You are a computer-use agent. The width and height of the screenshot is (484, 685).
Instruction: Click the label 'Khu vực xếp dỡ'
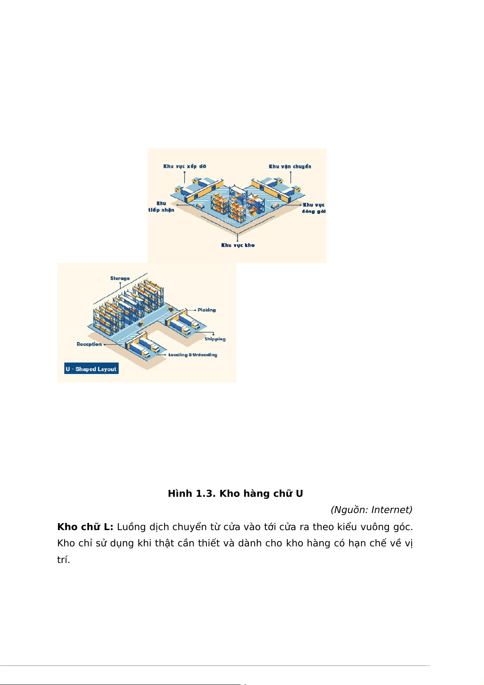pyautogui.click(x=184, y=166)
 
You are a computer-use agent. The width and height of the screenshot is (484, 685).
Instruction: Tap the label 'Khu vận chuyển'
pyautogui.click(x=290, y=166)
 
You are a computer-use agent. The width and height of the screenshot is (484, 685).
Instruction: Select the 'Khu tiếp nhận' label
pyautogui.click(x=161, y=207)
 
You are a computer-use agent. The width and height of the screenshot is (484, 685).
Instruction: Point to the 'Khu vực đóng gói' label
pyautogui.click(x=314, y=208)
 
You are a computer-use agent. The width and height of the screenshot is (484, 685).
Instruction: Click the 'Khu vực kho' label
pyautogui.click(x=238, y=245)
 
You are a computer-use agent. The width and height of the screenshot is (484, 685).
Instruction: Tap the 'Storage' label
pyautogui.click(x=120, y=278)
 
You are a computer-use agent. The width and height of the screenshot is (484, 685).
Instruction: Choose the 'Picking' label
pyautogui.click(x=206, y=310)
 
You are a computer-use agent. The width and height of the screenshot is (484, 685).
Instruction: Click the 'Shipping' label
pyautogui.click(x=215, y=339)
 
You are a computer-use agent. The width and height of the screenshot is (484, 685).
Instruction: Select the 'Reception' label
pyautogui.click(x=89, y=344)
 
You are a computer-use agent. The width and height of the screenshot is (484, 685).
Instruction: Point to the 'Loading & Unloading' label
pyautogui.click(x=193, y=355)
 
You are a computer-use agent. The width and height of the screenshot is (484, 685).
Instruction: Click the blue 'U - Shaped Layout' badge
pyautogui.click(x=91, y=369)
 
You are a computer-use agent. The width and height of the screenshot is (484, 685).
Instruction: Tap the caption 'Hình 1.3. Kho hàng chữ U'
pyautogui.click(x=235, y=494)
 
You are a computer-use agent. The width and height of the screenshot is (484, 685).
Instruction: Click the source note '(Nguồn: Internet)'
pyautogui.click(x=371, y=510)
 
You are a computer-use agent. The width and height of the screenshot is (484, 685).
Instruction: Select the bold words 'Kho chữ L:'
pyautogui.click(x=85, y=527)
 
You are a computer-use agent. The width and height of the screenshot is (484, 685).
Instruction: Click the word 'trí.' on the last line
pyautogui.click(x=63, y=560)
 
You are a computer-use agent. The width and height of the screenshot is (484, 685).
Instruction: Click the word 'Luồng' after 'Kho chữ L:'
pyautogui.click(x=131, y=527)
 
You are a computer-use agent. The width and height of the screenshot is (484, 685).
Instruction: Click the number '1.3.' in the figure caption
pyautogui.click(x=206, y=494)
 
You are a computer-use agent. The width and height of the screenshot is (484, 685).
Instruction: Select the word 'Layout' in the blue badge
pyautogui.click(x=106, y=369)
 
